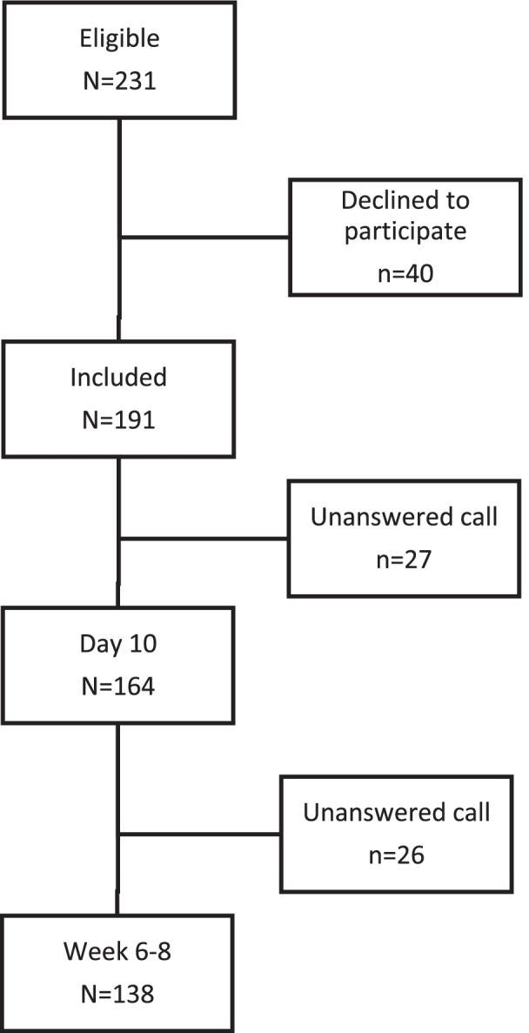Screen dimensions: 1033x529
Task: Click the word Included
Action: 117,378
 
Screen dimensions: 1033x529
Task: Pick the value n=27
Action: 405,560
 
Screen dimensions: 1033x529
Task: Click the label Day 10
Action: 117,646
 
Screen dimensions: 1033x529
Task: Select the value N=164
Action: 117,686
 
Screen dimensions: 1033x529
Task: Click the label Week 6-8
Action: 117,952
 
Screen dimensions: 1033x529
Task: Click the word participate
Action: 405,232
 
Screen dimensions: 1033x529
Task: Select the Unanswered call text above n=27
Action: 405,517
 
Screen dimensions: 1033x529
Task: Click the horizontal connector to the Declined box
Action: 204,236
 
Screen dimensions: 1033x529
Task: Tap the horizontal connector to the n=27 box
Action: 204,538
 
